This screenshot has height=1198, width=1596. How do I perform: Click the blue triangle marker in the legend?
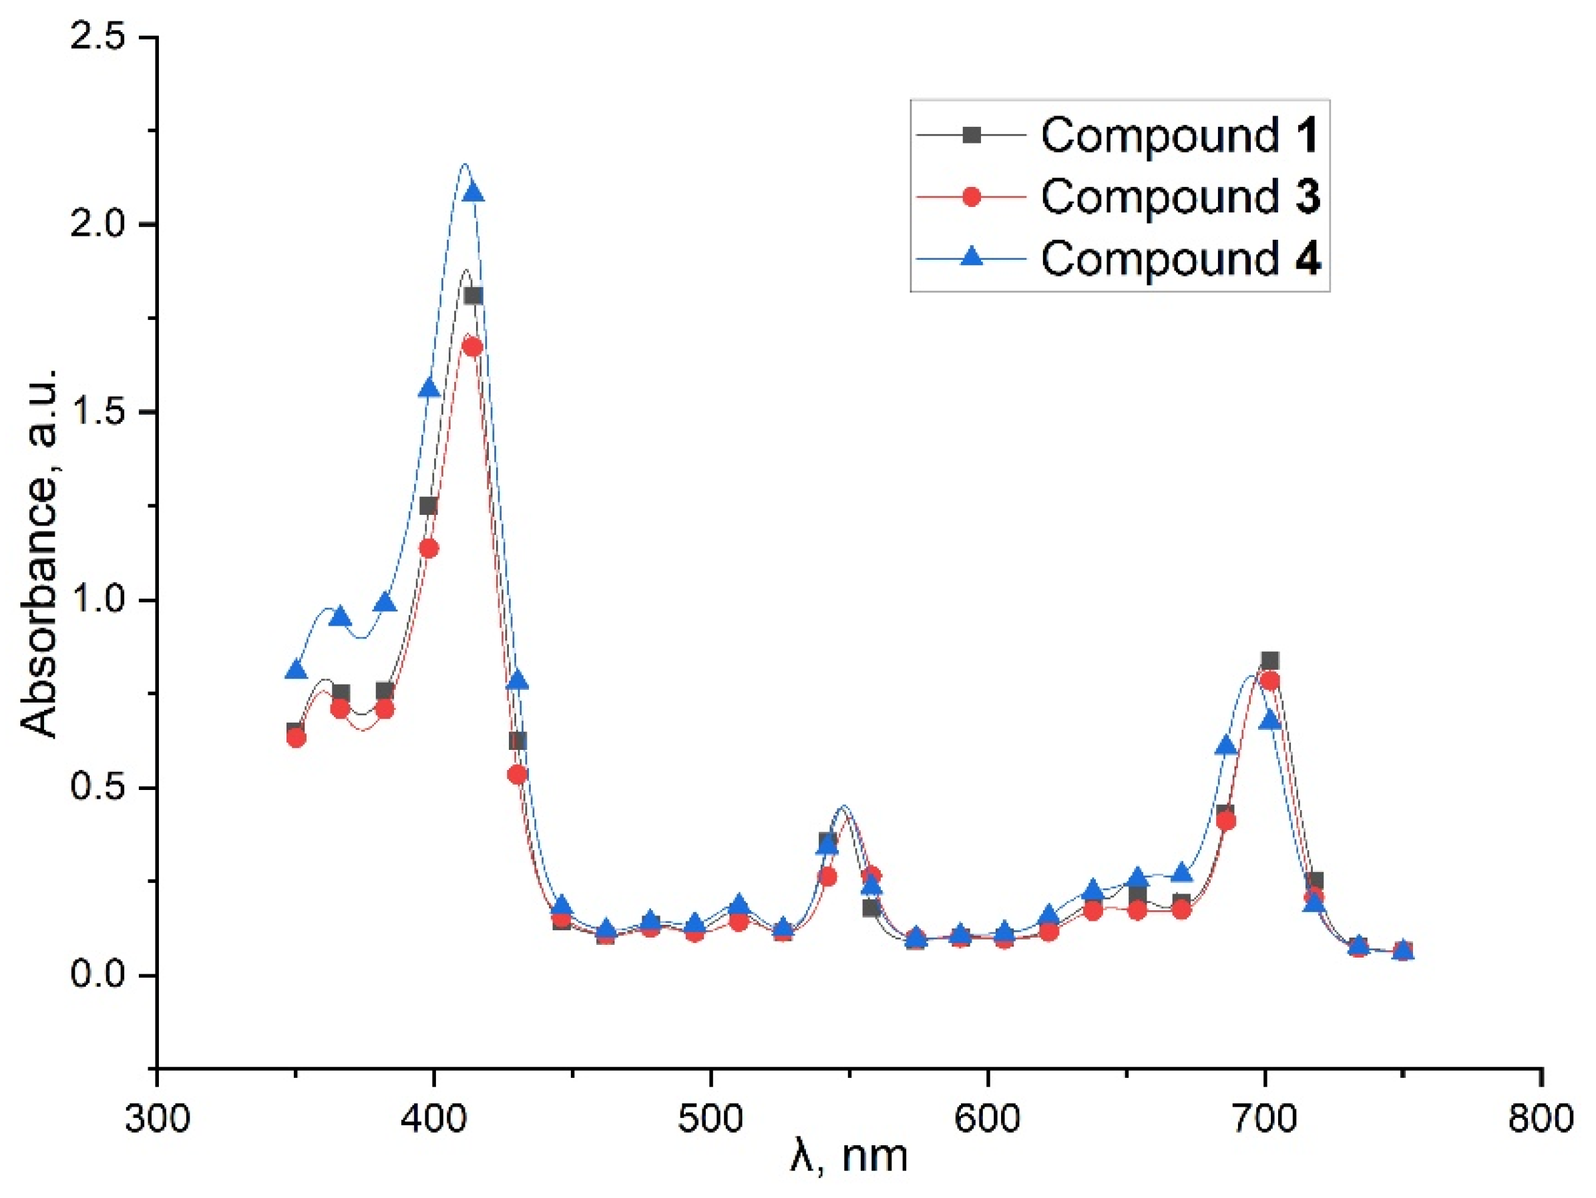tap(972, 256)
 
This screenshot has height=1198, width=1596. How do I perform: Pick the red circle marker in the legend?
tap(972, 196)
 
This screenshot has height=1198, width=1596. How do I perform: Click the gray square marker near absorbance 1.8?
tap(473, 296)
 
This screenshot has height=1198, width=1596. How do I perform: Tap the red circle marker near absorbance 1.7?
tap(473, 348)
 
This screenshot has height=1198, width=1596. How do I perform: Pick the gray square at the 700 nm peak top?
tap(1271, 660)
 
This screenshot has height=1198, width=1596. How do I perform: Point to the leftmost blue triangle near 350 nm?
tap(296, 671)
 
